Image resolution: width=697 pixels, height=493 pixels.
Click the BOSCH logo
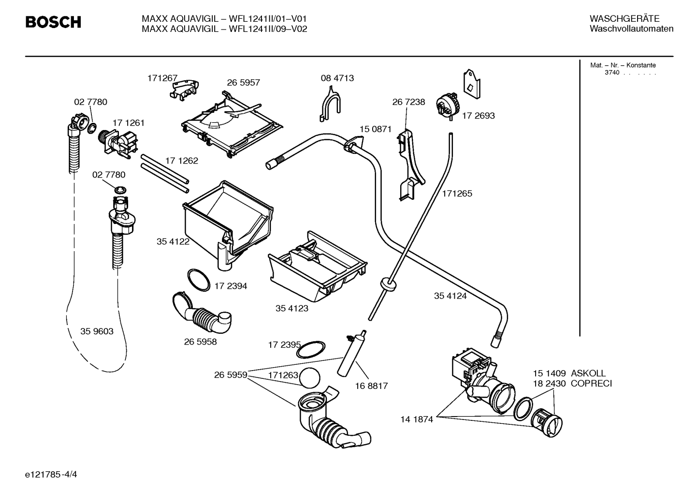[x=53, y=22]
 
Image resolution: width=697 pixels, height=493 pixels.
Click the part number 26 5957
[x=243, y=83]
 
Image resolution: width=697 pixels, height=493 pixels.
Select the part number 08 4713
[x=337, y=78]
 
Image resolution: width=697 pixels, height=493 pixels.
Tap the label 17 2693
[x=478, y=116]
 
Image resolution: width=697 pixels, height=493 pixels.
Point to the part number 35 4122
[x=173, y=241]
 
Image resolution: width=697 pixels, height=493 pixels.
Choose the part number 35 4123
[x=292, y=308]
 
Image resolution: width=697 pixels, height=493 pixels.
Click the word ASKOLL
[x=588, y=373]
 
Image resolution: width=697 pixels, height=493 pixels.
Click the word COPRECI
[x=591, y=383]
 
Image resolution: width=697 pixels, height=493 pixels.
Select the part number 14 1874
[x=417, y=419]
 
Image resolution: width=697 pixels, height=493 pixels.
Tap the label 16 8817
[x=372, y=386]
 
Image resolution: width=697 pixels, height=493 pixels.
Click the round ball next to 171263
[x=310, y=378]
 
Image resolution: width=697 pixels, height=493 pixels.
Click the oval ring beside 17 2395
[x=310, y=349]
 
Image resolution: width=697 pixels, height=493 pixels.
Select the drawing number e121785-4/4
[x=51, y=474]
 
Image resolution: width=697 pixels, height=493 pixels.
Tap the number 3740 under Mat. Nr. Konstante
[x=612, y=73]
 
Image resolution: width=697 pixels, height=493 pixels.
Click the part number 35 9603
[x=97, y=331]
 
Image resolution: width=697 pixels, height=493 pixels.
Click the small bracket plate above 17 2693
[x=472, y=84]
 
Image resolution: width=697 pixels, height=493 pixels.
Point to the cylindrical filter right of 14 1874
[x=547, y=423]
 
